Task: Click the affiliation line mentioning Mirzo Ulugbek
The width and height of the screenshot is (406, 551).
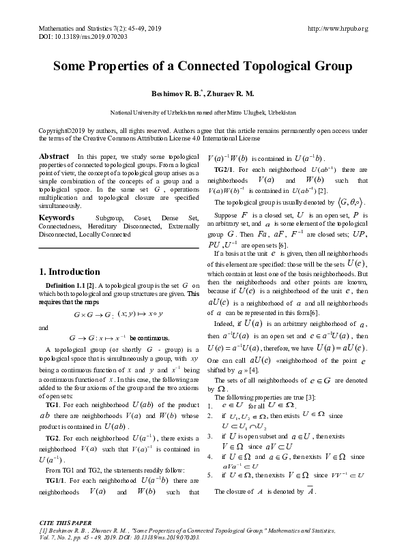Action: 203,111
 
